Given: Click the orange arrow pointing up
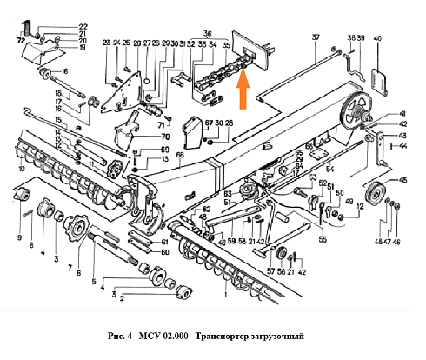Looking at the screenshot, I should pyautogui.click(x=244, y=85).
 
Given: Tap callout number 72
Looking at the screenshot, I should pyautogui.click(x=20, y=40).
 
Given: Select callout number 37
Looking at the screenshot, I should pyautogui.click(x=316, y=37).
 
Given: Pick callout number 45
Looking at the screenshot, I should pyautogui.click(x=401, y=181).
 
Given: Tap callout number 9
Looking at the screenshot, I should pyautogui.click(x=18, y=237).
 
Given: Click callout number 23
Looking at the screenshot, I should pyautogui.click(x=105, y=43).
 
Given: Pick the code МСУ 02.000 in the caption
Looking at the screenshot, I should pyautogui.click(x=164, y=336).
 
